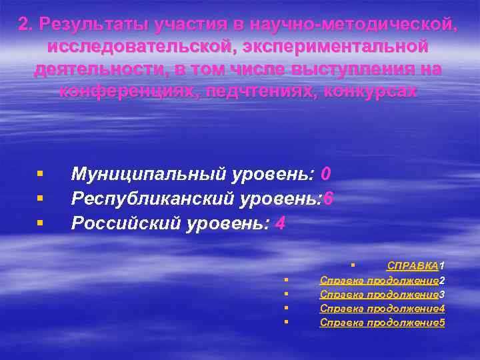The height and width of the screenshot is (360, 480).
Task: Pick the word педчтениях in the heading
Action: (x=273, y=91)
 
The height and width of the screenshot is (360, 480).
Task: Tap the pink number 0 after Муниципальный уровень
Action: (x=325, y=174)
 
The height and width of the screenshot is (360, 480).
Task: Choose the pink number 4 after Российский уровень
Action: (x=280, y=223)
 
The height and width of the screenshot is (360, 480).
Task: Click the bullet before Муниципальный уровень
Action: (x=41, y=175)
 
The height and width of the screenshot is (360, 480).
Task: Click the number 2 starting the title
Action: (x=23, y=25)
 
